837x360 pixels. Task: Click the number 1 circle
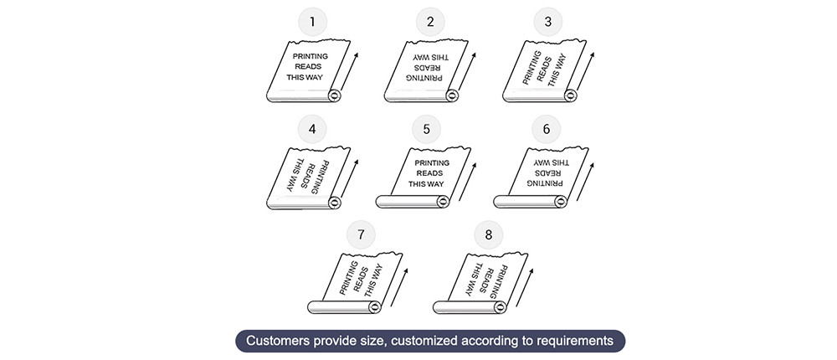tap(312, 22)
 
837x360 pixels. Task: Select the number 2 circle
tap(430, 22)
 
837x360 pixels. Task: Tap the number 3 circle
tap(548, 22)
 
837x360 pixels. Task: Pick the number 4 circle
tap(312, 129)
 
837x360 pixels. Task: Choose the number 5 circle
tap(426, 129)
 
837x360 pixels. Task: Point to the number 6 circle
tap(546, 129)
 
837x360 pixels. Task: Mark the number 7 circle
tap(361, 234)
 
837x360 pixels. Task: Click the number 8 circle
tap(489, 234)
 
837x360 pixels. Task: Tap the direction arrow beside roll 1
tap(349, 71)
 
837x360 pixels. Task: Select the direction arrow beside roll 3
tap(586, 71)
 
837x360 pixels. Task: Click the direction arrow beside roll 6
tap(586, 182)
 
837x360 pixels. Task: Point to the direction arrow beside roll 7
tap(399, 287)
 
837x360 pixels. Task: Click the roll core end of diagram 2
tap(453, 96)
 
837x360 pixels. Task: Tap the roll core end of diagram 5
tap(443, 202)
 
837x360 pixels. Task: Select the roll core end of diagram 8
tap(501, 307)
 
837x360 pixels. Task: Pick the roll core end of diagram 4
tap(335, 203)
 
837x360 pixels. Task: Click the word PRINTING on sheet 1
tap(311, 56)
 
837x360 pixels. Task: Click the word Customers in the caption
tap(273, 341)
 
